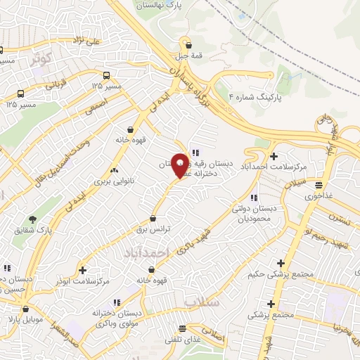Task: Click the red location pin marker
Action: pos(180,165)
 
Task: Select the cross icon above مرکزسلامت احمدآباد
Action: pos(274,155)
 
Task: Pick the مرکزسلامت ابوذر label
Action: pos(83,281)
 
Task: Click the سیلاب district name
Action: pos(204,301)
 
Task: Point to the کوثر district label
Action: pos(40,60)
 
